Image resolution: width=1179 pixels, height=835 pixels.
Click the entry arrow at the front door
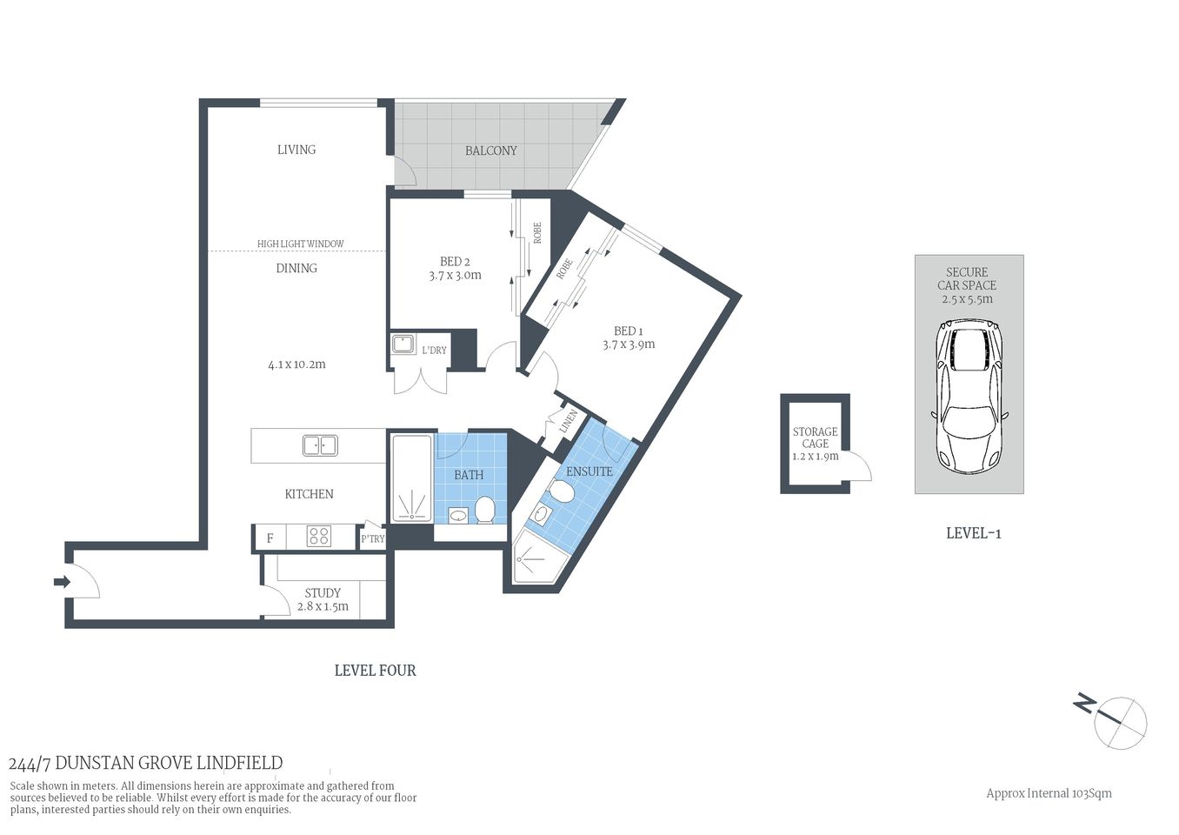click(62, 582)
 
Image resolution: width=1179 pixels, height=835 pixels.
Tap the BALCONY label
click(490, 150)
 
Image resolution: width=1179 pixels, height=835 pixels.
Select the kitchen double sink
click(319, 445)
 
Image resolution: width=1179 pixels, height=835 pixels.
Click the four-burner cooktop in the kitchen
click(318, 537)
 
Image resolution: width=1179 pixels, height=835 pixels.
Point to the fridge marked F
click(270, 538)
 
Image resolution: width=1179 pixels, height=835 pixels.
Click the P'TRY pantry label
click(372, 538)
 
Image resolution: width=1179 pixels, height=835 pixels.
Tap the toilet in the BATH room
click(484, 509)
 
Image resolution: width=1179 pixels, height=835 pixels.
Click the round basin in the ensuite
click(540, 515)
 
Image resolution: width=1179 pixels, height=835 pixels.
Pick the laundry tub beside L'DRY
click(403, 344)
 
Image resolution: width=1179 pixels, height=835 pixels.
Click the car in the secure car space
click(969, 396)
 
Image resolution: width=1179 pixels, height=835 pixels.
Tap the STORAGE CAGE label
click(815, 438)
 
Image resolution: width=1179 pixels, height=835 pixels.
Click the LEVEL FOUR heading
click(375, 671)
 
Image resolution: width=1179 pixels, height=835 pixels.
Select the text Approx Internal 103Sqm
click(1048, 793)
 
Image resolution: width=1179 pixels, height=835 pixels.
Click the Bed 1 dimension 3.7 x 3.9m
click(629, 344)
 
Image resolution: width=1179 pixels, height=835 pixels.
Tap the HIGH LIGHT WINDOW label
click(300, 244)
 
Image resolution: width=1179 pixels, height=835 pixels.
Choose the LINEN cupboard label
click(570, 422)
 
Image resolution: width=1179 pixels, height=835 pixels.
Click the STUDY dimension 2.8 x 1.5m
click(323, 606)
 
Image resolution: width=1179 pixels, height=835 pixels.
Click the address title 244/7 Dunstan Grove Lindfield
click(145, 763)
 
